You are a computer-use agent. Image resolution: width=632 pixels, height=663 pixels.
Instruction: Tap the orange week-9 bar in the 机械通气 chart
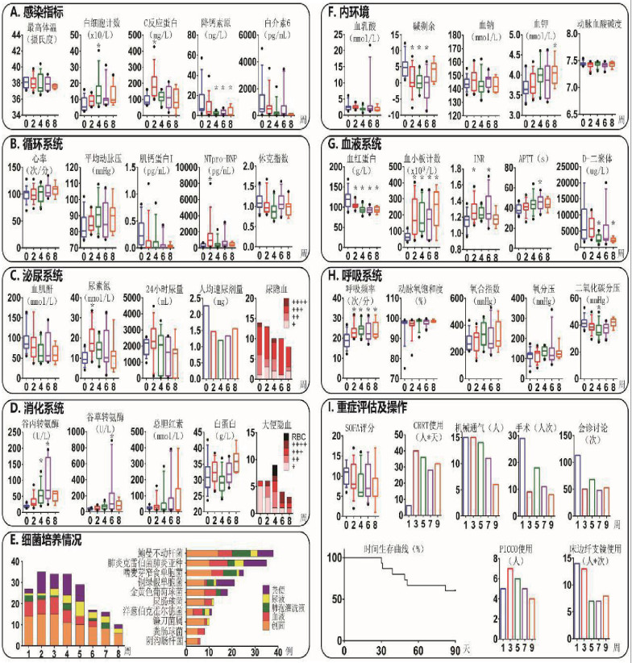(x=493, y=498)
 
